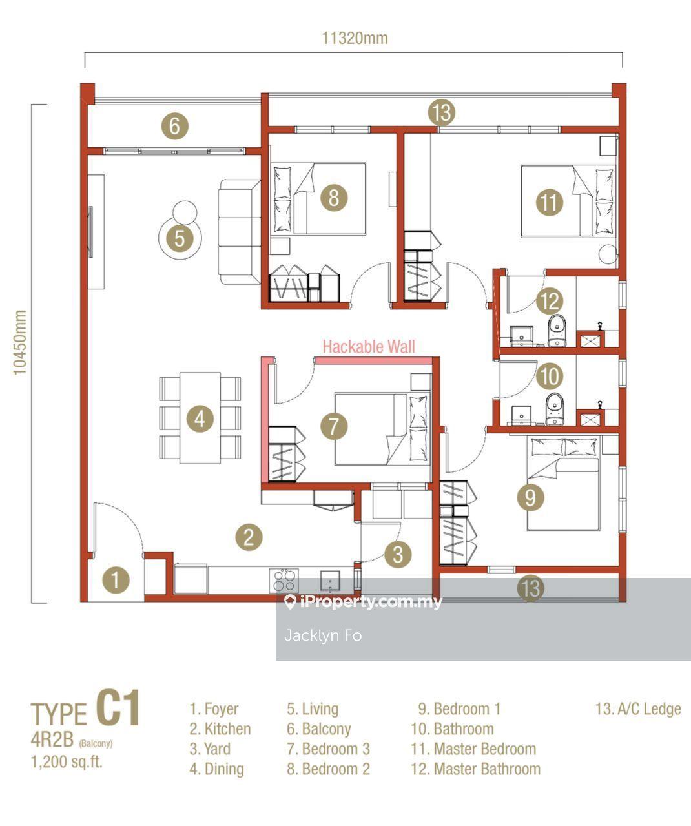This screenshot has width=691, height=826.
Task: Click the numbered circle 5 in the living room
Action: [180, 238]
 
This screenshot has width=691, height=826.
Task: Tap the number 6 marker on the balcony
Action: [174, 126]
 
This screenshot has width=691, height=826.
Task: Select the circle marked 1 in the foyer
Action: [116, 580]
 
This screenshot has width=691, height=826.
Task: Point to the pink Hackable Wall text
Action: [369, 347]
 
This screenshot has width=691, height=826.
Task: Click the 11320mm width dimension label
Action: [355, 38]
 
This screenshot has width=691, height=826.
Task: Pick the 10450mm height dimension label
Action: [20, 342]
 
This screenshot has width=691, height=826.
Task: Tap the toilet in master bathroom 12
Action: [557, 331]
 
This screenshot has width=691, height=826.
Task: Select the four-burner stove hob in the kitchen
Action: [284, 581]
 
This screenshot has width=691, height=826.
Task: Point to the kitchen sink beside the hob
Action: [330, 581]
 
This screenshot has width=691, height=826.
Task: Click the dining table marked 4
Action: [200, 418]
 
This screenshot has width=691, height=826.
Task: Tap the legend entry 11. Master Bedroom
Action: [473, 749]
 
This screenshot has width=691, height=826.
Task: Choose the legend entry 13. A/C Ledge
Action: [638, 709]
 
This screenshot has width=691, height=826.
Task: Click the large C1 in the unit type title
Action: [118, 708]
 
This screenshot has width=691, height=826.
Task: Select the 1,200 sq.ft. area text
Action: [67, 761]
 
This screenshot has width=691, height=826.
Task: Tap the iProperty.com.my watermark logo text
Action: [363, 602]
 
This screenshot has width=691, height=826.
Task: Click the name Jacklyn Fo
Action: [323, 635]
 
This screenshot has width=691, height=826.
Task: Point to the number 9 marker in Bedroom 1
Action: [530, 497]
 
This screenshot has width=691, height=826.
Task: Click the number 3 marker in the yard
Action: [398, 554]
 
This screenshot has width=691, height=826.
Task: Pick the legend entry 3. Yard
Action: [210, 749]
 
